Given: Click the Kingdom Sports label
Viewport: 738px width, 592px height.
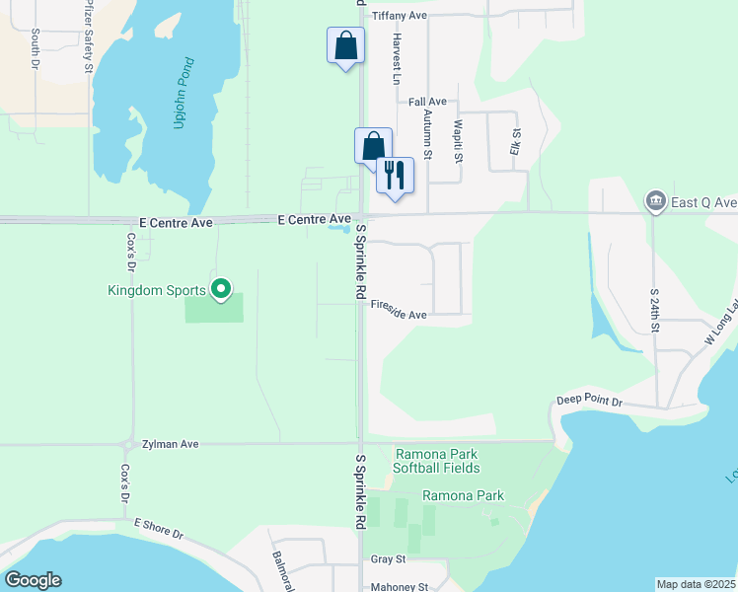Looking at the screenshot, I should pos(157,290).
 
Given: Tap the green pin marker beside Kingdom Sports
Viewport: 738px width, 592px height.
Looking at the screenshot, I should pos(221,289).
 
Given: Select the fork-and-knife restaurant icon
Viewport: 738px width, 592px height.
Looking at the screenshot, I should pos(395,176).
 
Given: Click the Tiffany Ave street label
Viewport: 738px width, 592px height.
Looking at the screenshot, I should pos(399,16).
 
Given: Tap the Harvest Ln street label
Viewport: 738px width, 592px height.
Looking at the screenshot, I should pos(396,58).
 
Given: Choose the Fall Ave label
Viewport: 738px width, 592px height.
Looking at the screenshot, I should pos(427,102).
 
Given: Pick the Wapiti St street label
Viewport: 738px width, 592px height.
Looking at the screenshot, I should pos(458,142).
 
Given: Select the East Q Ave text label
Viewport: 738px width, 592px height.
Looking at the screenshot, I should pos(704,202).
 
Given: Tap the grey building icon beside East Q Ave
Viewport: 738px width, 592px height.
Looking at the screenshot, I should pos(654,202).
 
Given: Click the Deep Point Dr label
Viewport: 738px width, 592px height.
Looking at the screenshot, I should pos(589,402).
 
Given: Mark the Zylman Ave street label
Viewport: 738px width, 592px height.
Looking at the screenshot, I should pos(170,445).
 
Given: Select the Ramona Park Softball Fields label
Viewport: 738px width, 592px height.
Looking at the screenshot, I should pos(438,461).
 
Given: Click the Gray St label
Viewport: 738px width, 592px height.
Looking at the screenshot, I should pos(388,559).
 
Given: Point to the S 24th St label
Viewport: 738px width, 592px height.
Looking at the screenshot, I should pos(654,311).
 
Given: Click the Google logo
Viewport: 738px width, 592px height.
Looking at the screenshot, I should pos(33,579).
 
